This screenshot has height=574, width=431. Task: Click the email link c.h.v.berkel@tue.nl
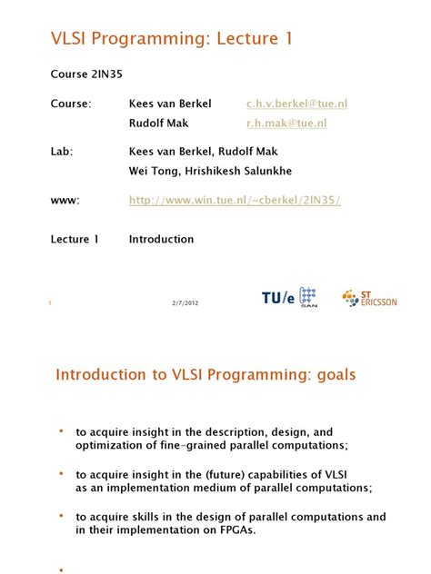[x=296, y=104]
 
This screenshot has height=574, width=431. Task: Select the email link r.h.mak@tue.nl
[x=286, y=123]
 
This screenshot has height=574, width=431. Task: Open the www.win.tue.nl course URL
[x=235, y=200]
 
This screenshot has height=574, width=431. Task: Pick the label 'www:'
[x=65, y=200]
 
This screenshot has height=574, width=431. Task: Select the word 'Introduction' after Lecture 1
[x=161, y=240]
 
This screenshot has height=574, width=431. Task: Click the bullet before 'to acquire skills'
[x=62, y=515]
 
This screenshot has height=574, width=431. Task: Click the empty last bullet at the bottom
[x=62, y=569]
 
